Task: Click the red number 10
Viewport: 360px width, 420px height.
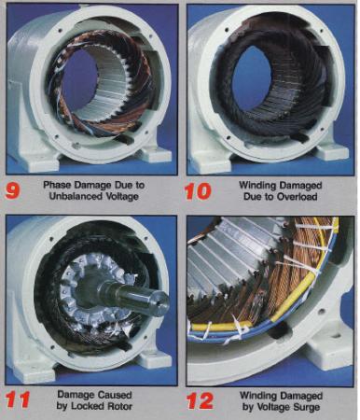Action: (x=198, y=191)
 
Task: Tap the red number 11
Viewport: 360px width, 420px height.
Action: (x=18, y=399)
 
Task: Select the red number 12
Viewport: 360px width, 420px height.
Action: (x=201, y=401)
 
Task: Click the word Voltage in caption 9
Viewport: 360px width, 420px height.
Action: (x=120, y=197)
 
